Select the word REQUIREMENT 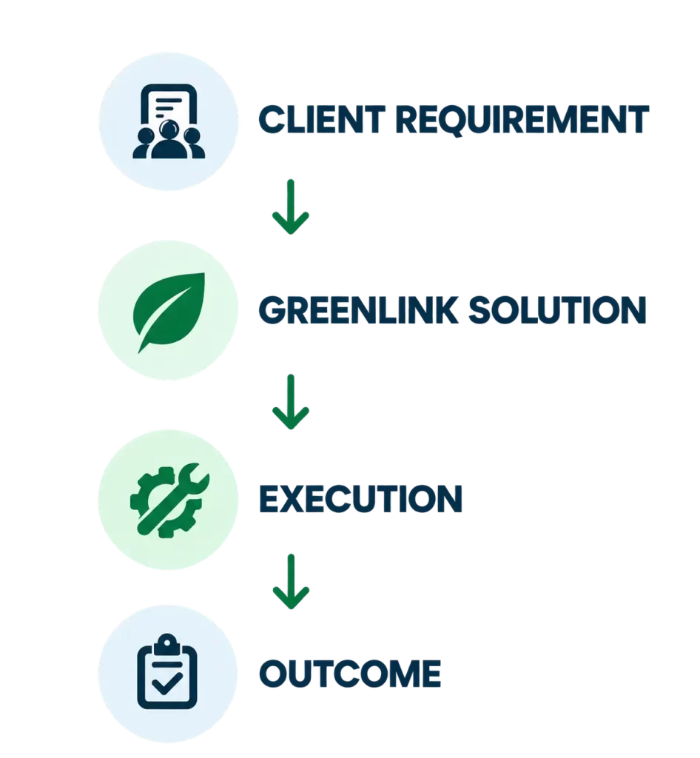tap(522, 121)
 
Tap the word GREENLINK tap(358, 309)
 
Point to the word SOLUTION tap(557, 309)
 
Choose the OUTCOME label tap(350, 674)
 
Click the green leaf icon tap(169, 312)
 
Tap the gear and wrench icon tap(169, 500)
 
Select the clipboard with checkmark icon tap(167, 671)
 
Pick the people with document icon tap(169, 121)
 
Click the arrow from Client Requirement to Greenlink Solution tap(290, 207)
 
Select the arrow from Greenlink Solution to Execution tap(290, 402)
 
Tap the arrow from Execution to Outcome tap(290, 582)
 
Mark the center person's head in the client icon tap(169, 129)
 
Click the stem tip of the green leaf tap(139, 352)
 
